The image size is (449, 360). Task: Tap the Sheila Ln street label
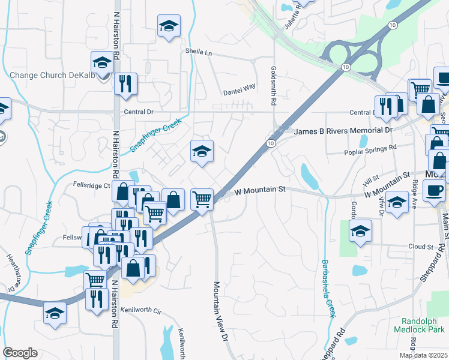(199, 53)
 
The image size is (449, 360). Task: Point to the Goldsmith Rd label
(273, 86)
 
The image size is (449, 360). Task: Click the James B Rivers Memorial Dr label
(343, 130)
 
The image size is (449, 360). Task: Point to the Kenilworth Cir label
(142, 310)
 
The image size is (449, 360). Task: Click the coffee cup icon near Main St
(434, 191)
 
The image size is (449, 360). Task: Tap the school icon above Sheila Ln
(169, 27)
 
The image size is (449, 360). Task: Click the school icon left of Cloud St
(360, 232)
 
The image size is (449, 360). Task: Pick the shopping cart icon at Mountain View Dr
(202, 199)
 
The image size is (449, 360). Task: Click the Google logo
(20, 353)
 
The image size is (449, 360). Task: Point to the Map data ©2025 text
(424, 355)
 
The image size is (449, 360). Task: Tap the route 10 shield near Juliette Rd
(392, 25)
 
